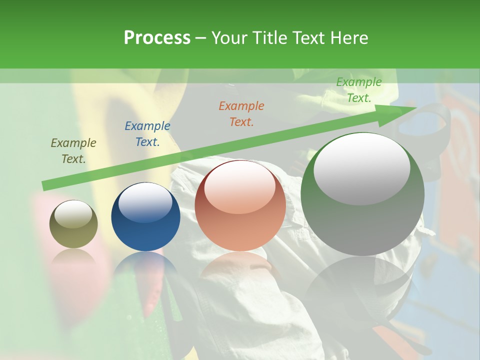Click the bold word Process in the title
157,38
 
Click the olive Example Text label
73,151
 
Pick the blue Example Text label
147,134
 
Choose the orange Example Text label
241,114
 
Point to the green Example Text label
359,90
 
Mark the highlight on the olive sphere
73,214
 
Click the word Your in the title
229,38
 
